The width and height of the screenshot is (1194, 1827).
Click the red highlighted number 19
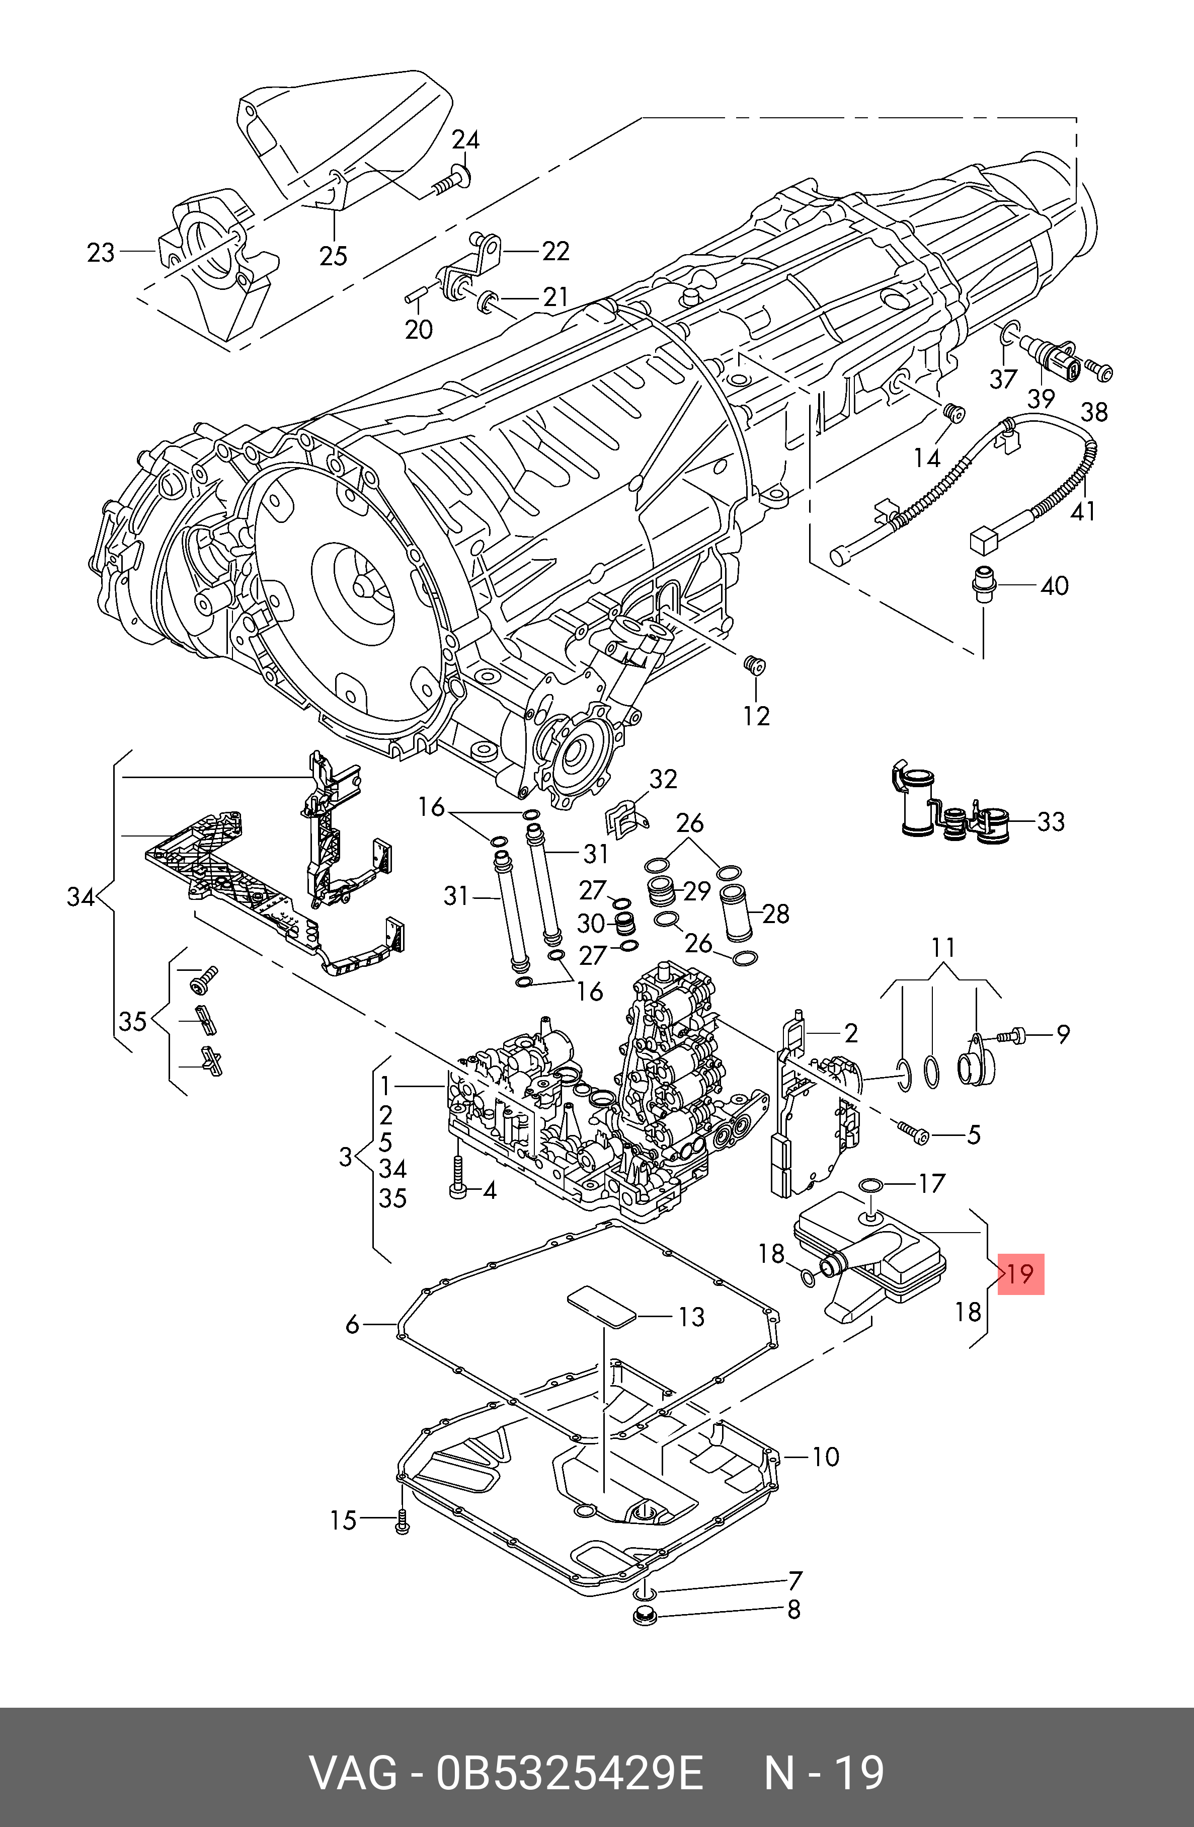click(x=1020, y=1274)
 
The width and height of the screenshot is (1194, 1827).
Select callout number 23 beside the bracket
click(x=101, y=253)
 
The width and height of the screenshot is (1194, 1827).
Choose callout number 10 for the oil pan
click(x=826, y=1456)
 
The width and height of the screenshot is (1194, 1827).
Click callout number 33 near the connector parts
click(x=1051, y=822)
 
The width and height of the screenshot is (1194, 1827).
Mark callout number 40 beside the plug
click(x=1054, y=586)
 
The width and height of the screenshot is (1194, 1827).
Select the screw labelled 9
click(x=1011, y=1036)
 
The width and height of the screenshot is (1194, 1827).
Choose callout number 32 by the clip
click(x=663, y=779)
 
